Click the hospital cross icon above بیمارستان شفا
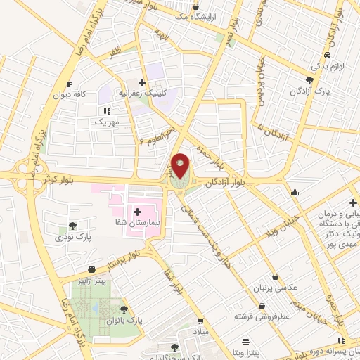coord(137,211)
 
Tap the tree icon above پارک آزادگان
coord(310,81)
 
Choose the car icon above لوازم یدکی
coord(328,55)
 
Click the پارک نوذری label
coord(73,238)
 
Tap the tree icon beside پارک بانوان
coord(124,309)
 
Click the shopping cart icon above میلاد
coord(201,321)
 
